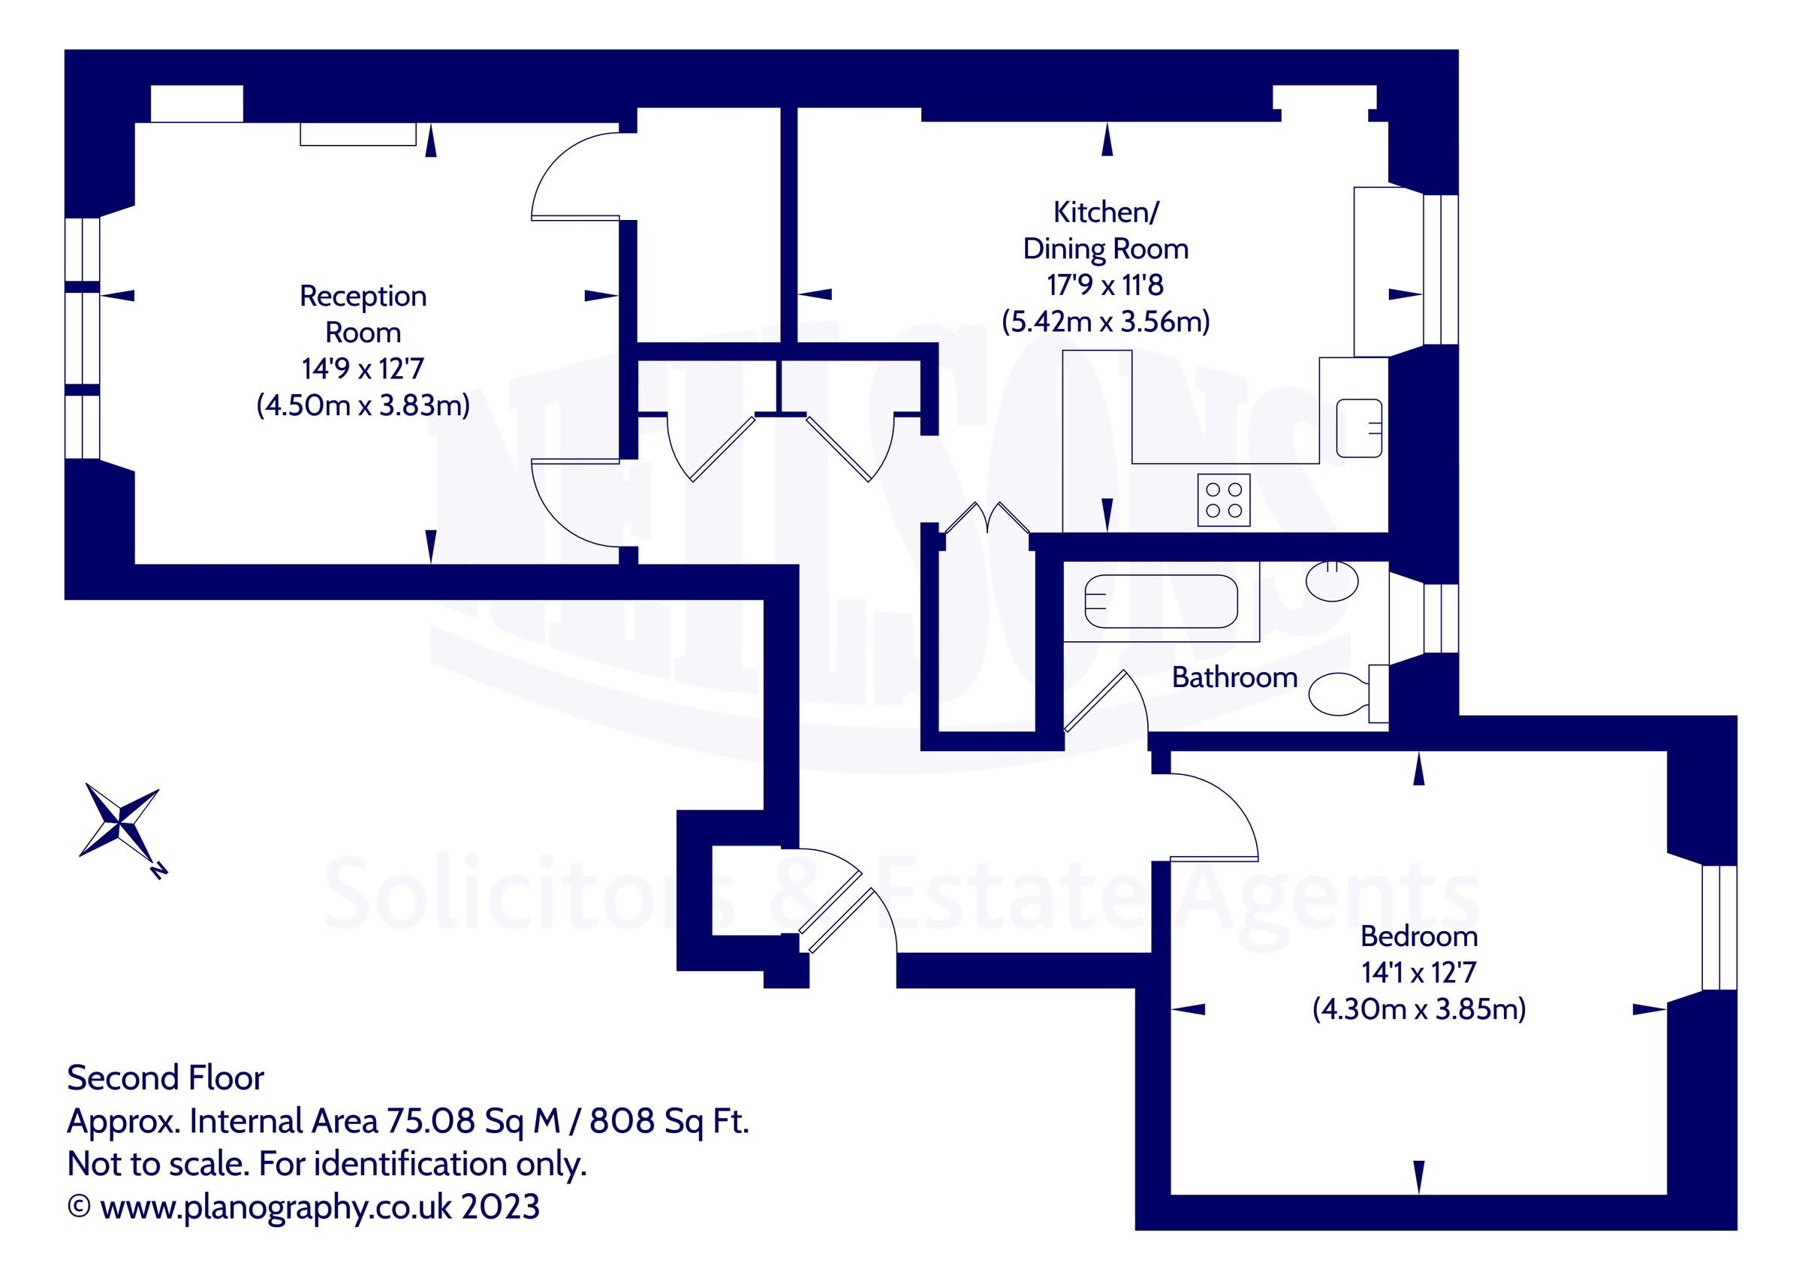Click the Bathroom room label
pyautogui.click(x=1234, y=677)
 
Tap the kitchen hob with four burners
pyautogui.click(x=1224, y=500)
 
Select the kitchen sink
pyautogui.click(x=1359, y=428)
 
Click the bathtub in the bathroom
pyautogui.click(x=1161, y=601)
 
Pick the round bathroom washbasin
pyautogui.click(x=1332, y=582)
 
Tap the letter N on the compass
pyautogui.click(x=158, y=871)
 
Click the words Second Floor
pyautogui.click(x=166, y=1078)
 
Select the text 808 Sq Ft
pyautogui.click(x=670, y=1121)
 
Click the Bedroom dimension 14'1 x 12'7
pyautogui.click(x=1419, y=972)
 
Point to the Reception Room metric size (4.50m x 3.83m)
pyautogui.click(x=363, y=405)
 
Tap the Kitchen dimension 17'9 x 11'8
pyautogui.click(x=1105, y=285)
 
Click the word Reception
pyautogui.click(x=363, y=296)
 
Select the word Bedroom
pyautogui.click(x=1419, y=936)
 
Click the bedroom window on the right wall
pyautogui.click(x=1719, y=928)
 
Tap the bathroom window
pyautogui.click(x=1441, y=619)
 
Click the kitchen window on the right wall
pyautogui.click(x=1441, y=270)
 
